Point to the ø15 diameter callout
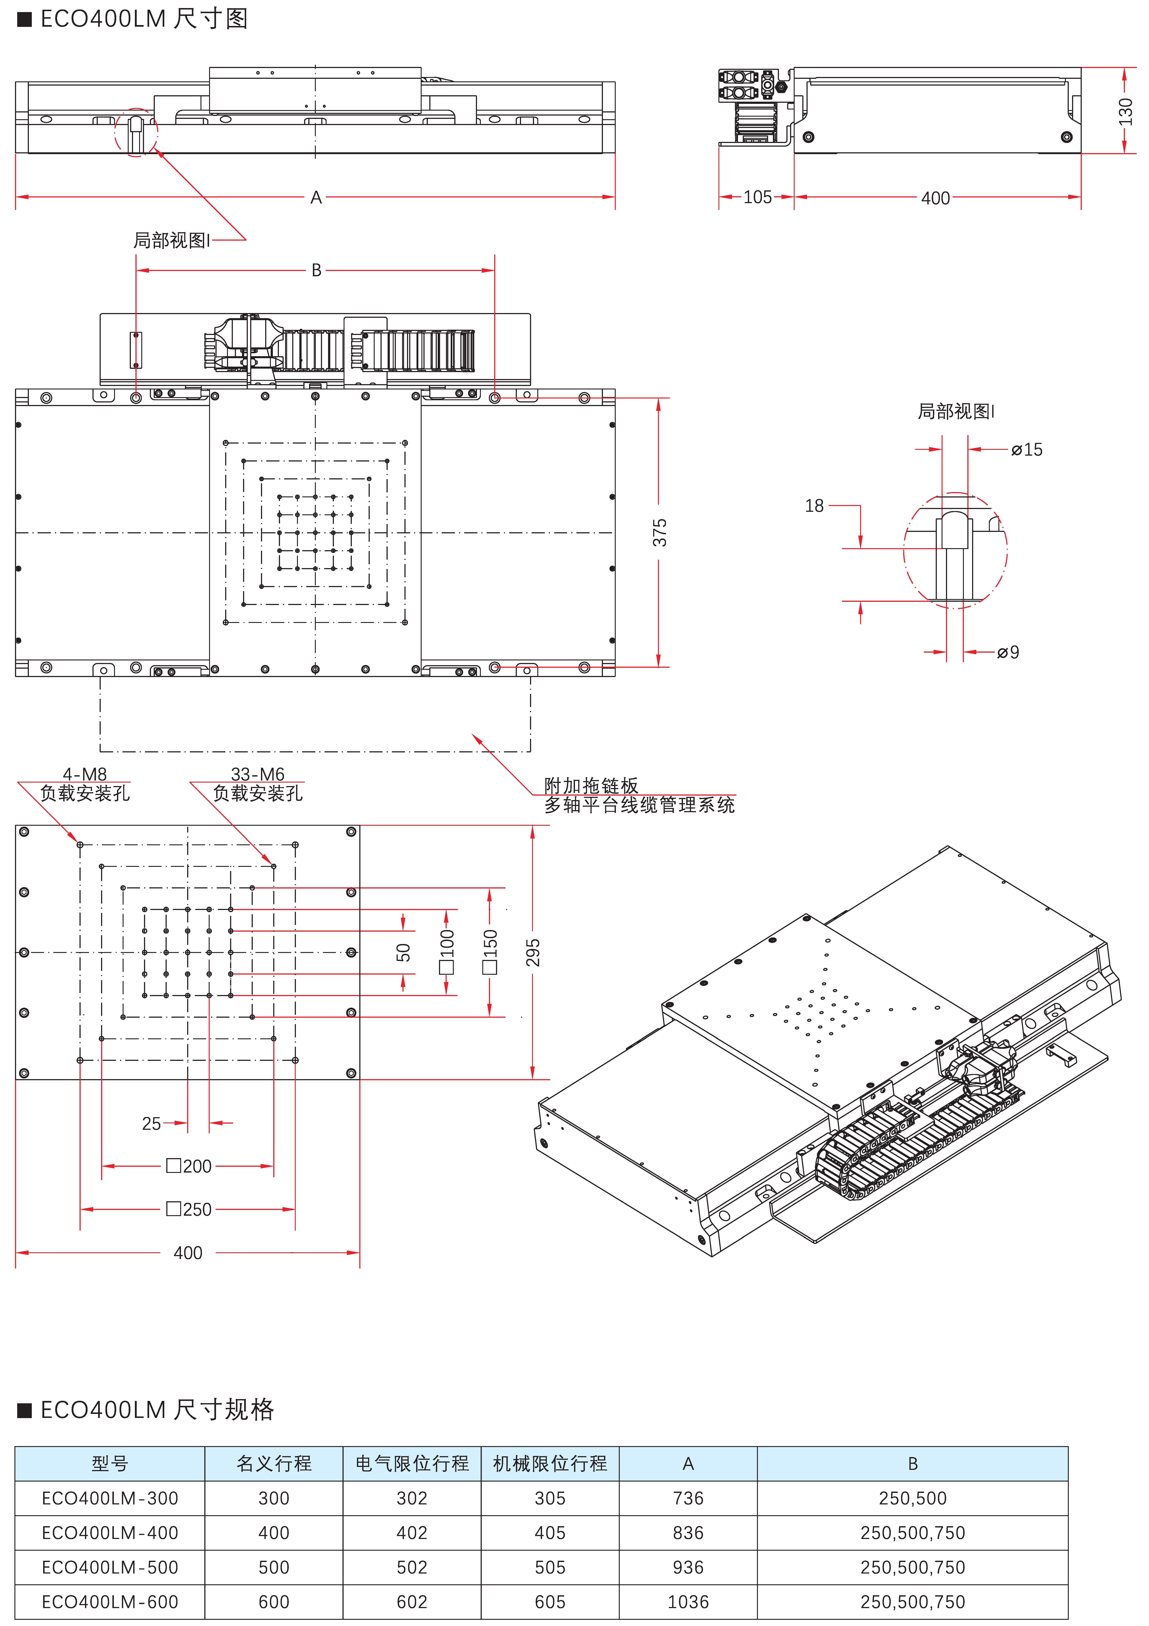tap(1027, 450)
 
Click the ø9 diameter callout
tap(1008, 652)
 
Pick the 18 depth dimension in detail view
tap(814, 506)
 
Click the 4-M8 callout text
tap(85, 774)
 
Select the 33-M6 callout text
tap(258, 774)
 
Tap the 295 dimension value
tap(533, 953)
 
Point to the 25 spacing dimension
tap(152, 1123)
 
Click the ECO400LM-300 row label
tap(110, 1499)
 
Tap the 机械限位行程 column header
tap(550, 1464)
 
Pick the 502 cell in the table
tap(412, 1567)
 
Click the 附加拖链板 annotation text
tap(591, 785)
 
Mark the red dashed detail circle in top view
tap(136, 132)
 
